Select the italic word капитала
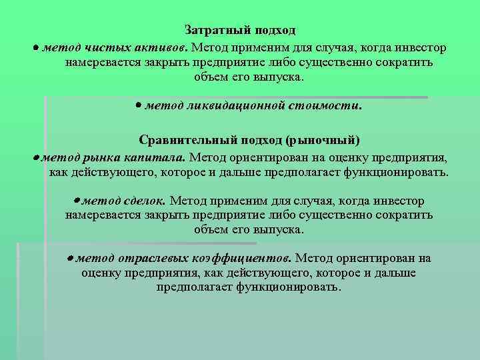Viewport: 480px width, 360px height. tap(155, 157)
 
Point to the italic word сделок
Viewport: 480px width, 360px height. tap(145, 201)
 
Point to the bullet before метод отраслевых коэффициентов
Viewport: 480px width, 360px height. tap(69, 258)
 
